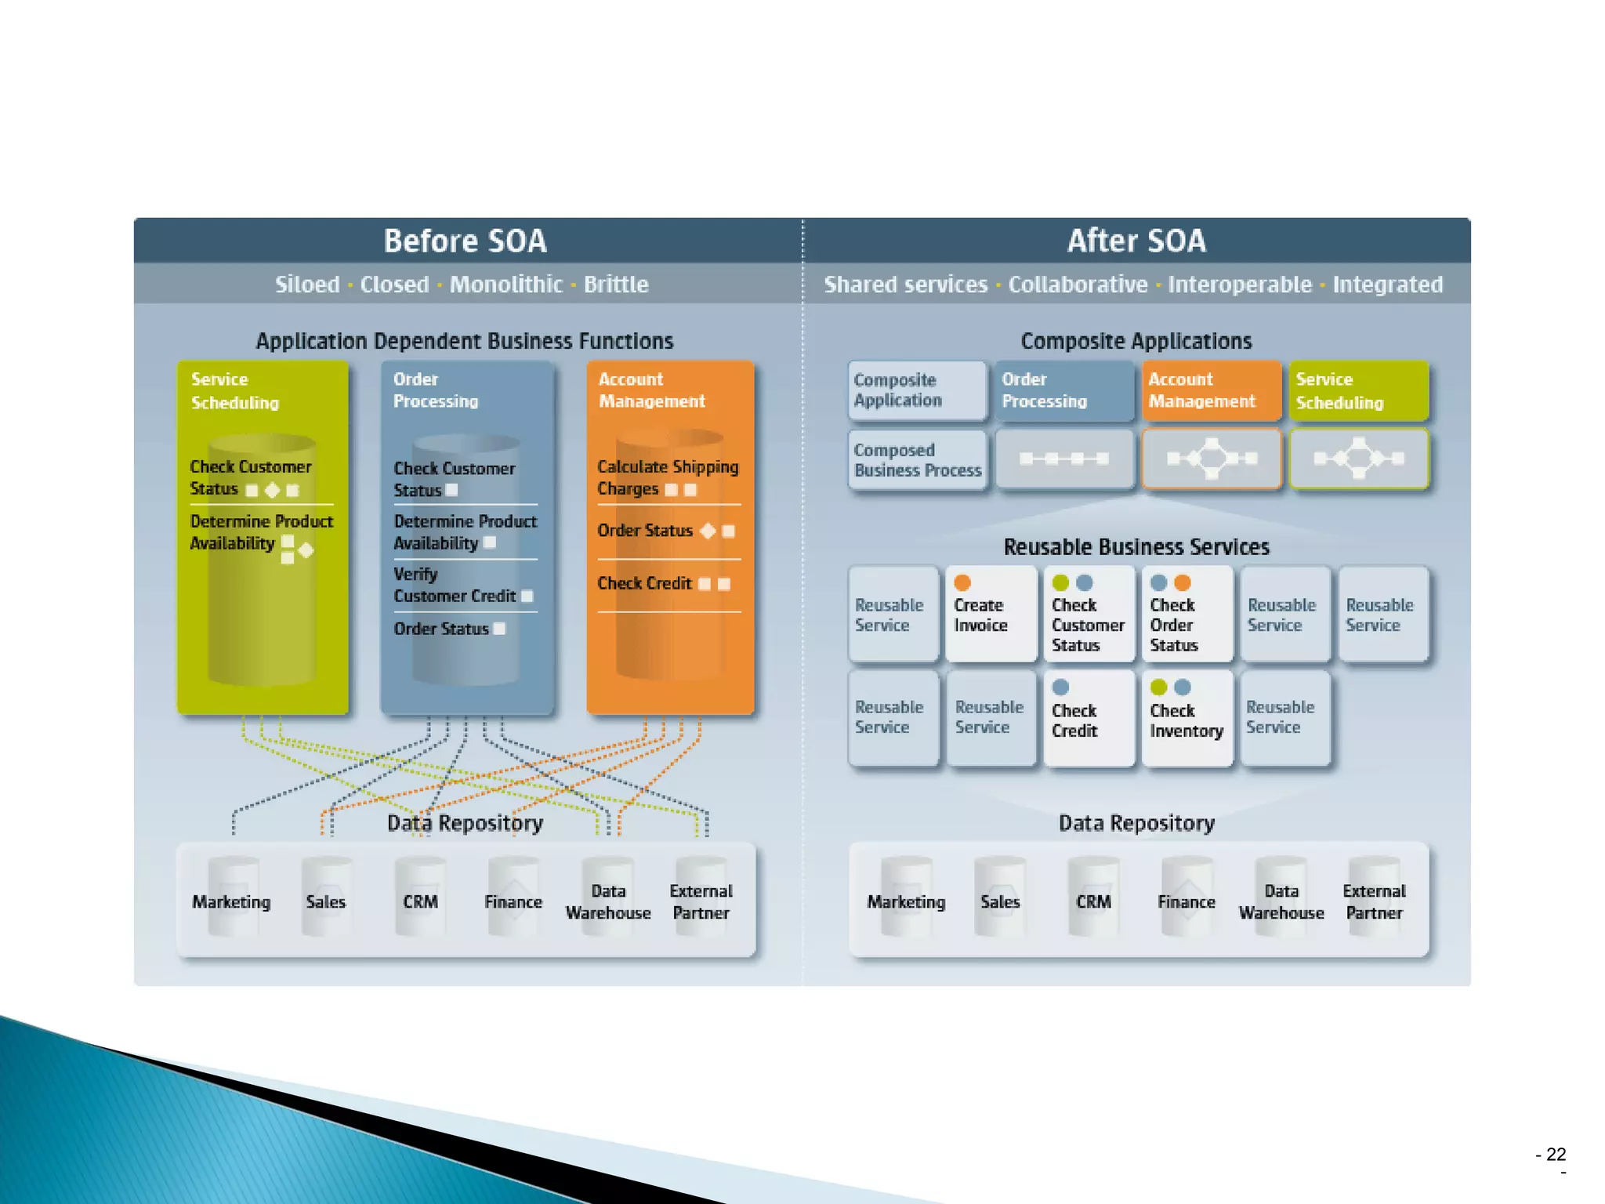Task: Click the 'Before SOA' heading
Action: [465, 241]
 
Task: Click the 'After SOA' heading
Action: [1136, 241]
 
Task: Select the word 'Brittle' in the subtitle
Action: [616, 285]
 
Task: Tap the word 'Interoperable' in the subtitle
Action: [1239, 285]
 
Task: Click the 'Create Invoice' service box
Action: [991, 615]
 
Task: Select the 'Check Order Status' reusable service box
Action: [1187, 615]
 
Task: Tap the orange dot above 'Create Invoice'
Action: [962, 582]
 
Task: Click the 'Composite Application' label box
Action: [916, 390]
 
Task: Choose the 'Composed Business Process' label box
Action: [916, 460]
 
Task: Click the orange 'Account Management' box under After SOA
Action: [1211, 390]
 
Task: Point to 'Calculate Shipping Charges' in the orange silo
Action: [668, 477]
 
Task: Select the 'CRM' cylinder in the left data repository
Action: [420, 901]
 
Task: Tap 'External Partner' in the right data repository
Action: [1374, 901]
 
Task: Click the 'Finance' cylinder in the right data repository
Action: [1186, 901]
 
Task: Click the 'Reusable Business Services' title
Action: [1136, 547]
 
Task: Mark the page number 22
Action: [1556, 1154]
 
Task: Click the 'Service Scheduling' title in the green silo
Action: [234, 390]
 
